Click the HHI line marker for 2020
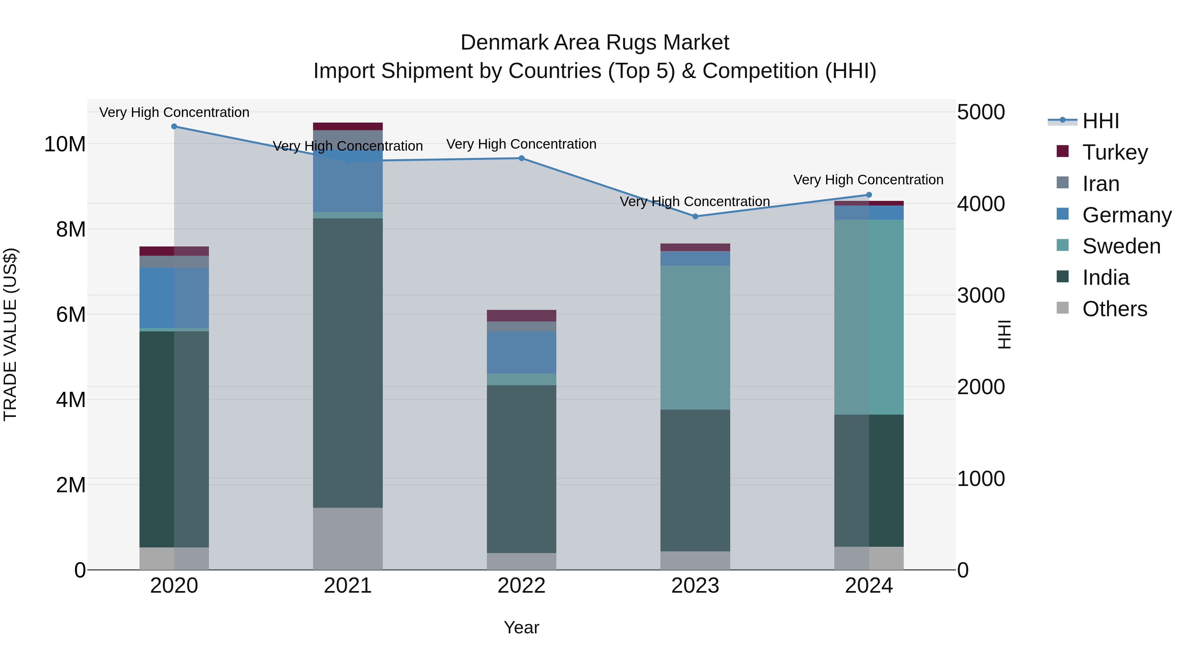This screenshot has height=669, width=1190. point(174,127)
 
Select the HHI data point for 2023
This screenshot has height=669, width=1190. point(695,216)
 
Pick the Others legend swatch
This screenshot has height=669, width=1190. point(1062,308)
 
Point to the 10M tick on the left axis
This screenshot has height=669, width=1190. point(65,144)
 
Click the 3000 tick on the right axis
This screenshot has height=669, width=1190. point(981,295)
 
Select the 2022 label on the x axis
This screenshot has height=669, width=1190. point(522,586)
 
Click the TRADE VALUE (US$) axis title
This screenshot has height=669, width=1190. point(11,334)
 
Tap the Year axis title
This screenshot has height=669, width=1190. point(522,627)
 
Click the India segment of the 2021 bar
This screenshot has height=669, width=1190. point(348,362)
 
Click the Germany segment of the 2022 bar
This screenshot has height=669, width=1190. point(522,352)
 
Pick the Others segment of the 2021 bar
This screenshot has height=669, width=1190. point(348,539)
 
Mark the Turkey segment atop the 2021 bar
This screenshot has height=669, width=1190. point(348,127)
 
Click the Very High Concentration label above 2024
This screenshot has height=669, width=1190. point(868,180)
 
